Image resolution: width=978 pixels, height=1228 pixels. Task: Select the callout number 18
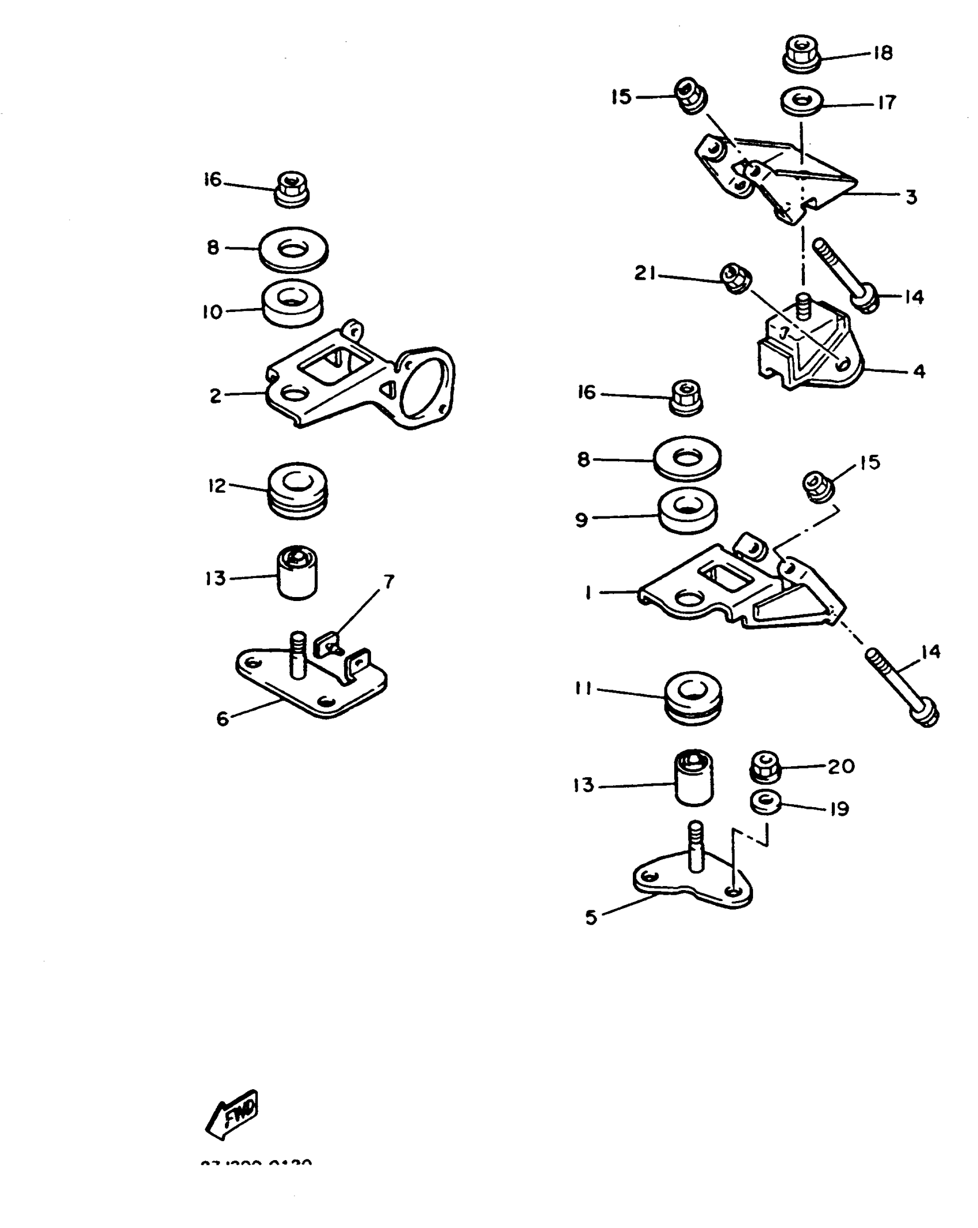pos(883,53)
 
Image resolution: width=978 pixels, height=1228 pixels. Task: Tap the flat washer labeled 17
pos(801,102)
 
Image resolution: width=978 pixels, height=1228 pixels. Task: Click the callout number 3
pos(911,197)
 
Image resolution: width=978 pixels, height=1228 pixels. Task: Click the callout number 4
pos(919,371)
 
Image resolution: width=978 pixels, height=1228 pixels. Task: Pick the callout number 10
pos(212,312)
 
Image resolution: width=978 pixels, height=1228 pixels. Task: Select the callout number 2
pos(215,396)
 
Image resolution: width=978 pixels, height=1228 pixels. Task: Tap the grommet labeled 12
pos(298,490)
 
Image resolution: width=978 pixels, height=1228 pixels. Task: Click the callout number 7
pos(389,582)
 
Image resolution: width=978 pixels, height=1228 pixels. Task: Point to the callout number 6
pos(223,719)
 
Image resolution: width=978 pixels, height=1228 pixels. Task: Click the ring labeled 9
pos(687,511)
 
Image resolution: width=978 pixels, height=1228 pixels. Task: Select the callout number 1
pos(588,592)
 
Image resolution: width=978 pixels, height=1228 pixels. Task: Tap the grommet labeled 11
pos(693,699)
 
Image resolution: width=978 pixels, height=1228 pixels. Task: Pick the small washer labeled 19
pos(766,803)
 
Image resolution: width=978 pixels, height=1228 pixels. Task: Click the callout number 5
pos(591,918)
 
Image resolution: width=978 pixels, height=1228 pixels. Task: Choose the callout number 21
pos(645,272)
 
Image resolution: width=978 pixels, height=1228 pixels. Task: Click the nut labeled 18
pos(801,54)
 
